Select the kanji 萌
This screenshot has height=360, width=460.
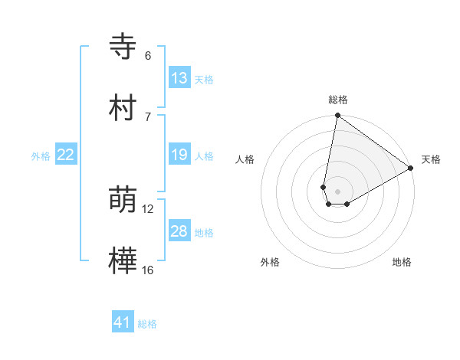click(123, 201)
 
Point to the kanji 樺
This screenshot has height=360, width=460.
click(123, 260)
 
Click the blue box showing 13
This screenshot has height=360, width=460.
click(179, 77)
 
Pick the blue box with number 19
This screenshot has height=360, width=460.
click(179, 155)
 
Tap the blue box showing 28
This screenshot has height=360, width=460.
click(179, 231)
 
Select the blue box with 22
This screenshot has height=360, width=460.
click(66, 155)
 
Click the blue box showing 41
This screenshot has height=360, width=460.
click(123, 322)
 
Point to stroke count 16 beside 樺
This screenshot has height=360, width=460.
click(147, 270)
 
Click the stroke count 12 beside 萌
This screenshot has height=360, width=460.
click(147, 209)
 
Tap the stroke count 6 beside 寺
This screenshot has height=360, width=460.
click(147, 56)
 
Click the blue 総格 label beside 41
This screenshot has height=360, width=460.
click(147, 324)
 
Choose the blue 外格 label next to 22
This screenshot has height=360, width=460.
click(41, 155)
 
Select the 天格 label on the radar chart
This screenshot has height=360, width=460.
click(431, 159)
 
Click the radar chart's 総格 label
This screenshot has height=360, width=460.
click(338, 100)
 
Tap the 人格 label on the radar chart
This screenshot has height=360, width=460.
click(245, 159)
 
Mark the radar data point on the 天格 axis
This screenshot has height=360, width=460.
click(411, 169)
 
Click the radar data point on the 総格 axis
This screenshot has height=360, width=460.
click(337, 116)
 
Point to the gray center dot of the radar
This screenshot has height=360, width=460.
click(337, 191)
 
